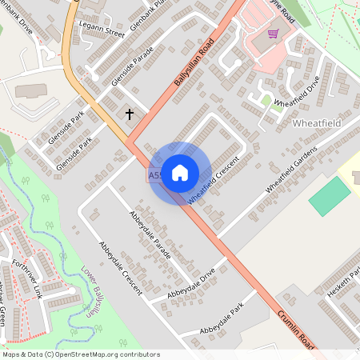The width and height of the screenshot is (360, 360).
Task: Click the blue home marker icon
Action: point(180,172)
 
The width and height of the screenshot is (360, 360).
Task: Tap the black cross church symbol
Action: point(130,114)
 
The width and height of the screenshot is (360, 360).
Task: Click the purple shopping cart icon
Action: point(273,34)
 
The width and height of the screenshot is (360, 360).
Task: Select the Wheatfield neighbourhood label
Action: point(318,124)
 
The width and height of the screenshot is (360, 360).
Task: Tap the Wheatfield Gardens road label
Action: point(291,168)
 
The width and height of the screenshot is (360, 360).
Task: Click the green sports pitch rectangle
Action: point(330,197)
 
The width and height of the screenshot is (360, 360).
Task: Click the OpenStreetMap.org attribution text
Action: point(80,354)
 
